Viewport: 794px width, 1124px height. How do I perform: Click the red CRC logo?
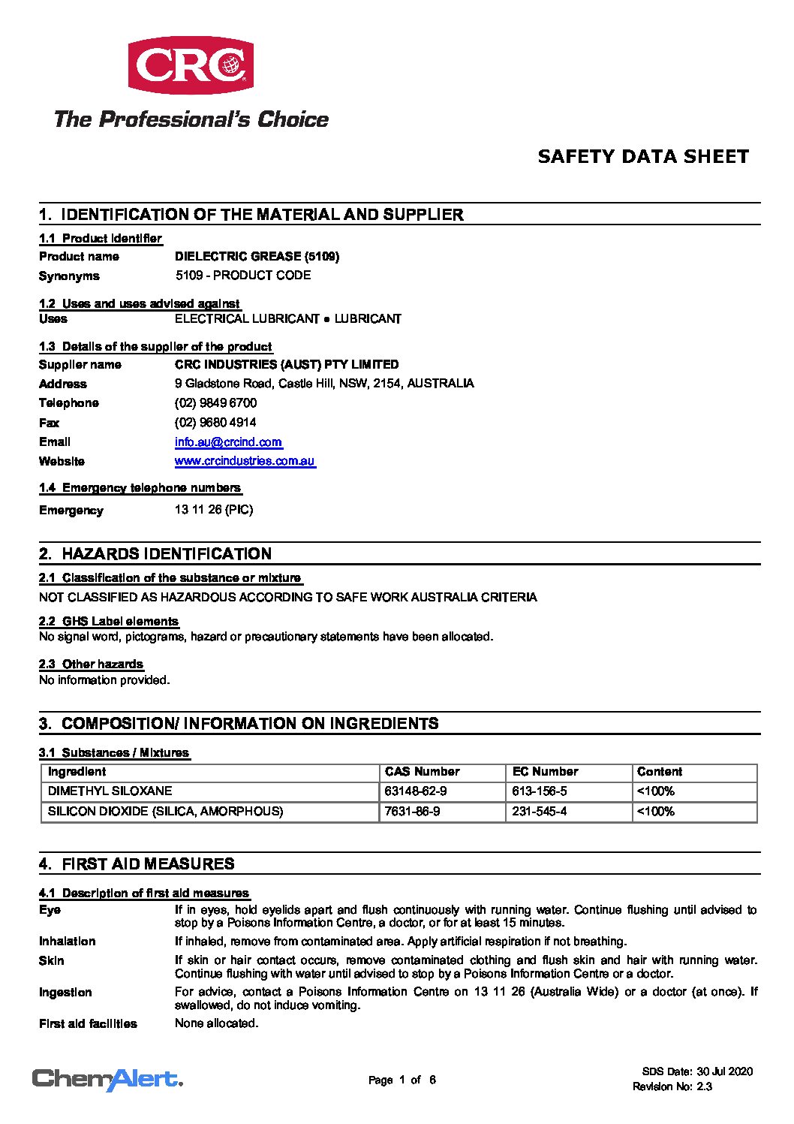191,65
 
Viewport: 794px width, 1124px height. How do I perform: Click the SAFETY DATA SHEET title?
643,157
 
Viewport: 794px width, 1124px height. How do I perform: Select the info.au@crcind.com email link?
228,442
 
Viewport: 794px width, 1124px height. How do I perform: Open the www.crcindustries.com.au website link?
245,461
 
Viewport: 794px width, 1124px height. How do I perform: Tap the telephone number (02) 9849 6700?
215,403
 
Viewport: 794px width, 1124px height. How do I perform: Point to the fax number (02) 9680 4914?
215,423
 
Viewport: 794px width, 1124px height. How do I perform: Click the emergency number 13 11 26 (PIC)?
214,510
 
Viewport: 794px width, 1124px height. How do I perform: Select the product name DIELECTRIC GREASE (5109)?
257,257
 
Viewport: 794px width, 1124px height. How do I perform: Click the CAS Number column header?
422,772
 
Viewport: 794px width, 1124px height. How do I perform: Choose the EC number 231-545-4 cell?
539,812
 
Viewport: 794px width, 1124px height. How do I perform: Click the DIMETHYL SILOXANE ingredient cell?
110,791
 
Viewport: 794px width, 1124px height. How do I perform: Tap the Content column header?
659,772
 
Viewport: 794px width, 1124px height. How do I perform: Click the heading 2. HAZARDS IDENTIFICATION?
166,554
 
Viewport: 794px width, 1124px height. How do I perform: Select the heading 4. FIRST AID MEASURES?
148,864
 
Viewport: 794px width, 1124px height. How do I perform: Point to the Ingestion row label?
65,993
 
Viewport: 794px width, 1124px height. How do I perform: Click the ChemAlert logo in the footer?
107,1080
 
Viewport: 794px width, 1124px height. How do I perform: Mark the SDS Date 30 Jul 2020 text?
697,1071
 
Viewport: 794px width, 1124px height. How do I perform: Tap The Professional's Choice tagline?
191,119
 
